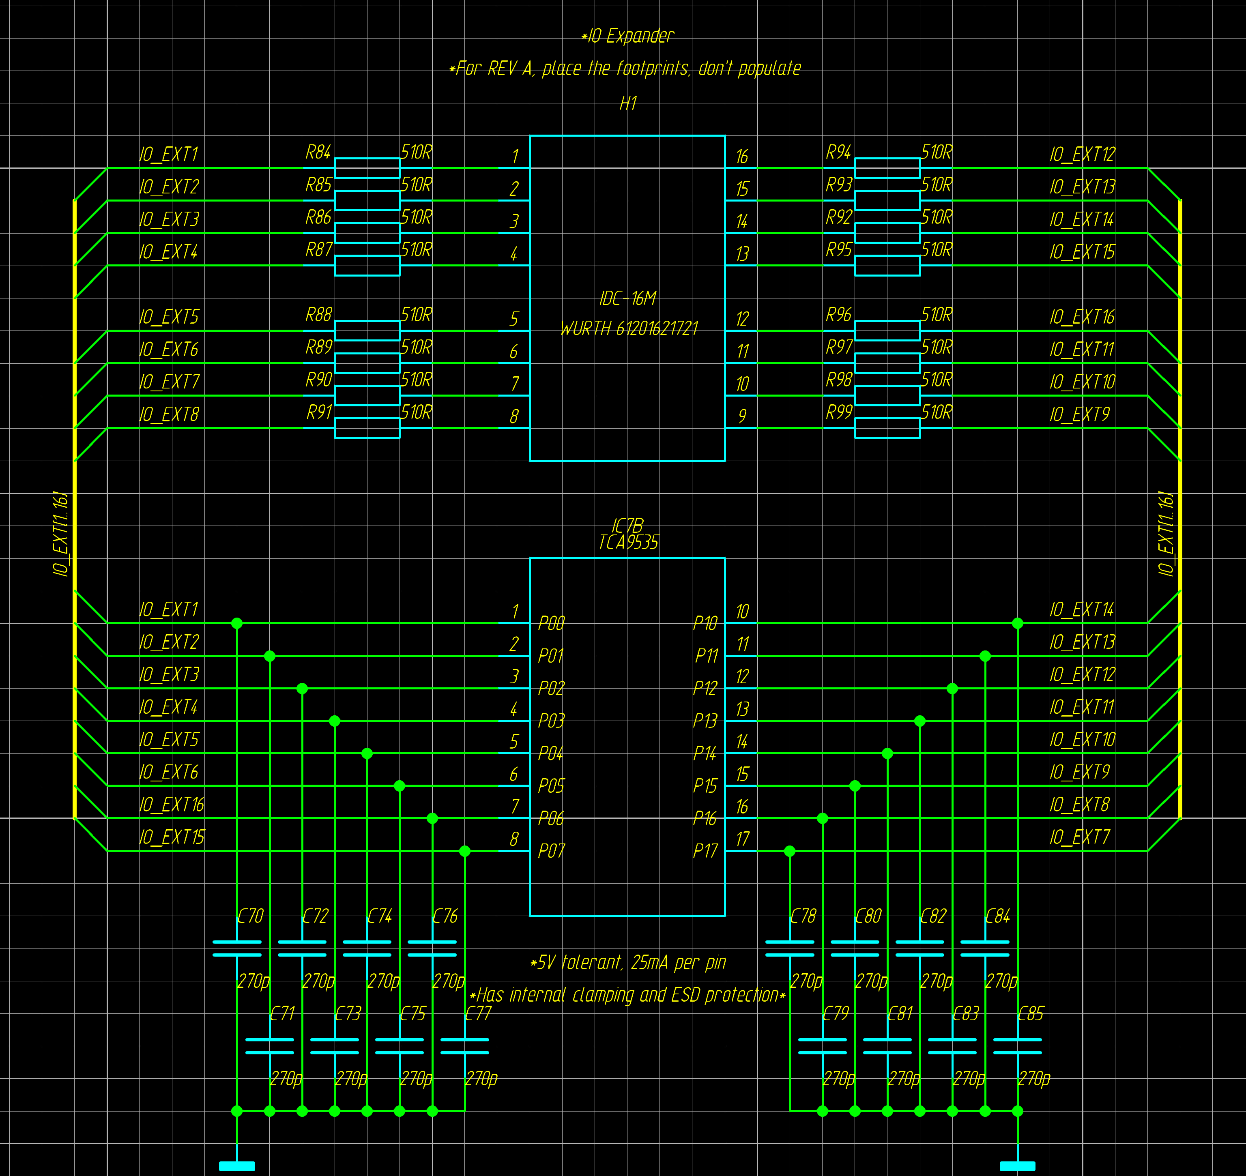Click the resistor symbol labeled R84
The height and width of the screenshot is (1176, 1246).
(x=367, y=168)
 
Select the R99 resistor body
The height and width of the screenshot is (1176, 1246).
(x=887, y=428)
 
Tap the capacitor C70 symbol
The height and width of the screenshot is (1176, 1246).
(x=237, y=948)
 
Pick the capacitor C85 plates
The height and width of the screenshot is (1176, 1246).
(x=1017, y=1045)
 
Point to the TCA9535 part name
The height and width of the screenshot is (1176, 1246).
(x=628, y=542)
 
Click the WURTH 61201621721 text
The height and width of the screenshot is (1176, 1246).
(x=628, y=328)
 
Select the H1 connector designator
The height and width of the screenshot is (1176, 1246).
(x=628, y=103)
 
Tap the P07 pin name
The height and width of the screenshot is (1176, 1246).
(x=551, y=851)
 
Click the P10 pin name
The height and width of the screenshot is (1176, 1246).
(x=705, y=623)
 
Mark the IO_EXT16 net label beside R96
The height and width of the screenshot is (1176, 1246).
(x=1082, y=317)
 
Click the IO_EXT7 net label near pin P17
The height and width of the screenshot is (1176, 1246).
(x=1079, y=837)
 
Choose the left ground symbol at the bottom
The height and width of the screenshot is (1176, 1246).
(x=237, y=1166)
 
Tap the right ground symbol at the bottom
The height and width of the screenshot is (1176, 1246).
(x=1017, y=1166)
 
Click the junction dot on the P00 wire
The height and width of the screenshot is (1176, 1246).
(x=237, y=623)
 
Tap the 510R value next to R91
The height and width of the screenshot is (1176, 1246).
(x=417, y=412)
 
